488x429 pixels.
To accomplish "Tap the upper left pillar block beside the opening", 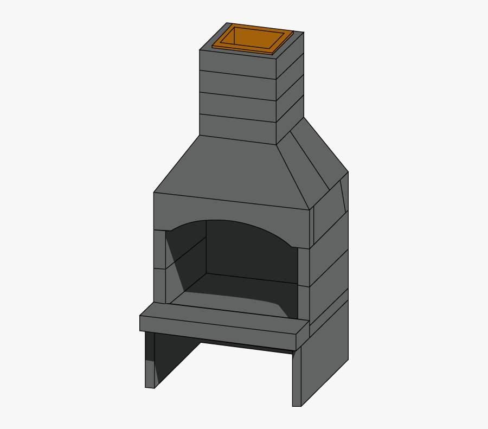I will (x=159, y=249).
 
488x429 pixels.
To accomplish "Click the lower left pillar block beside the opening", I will (x=159, y=285).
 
